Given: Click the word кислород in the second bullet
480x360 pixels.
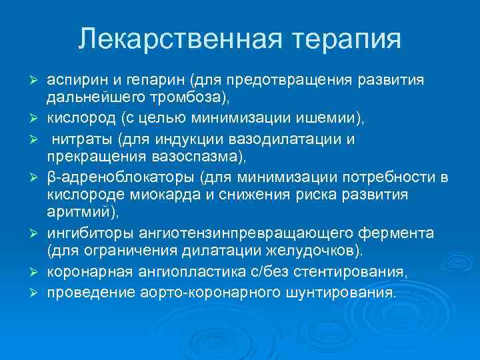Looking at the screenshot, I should click(x=77, y=119).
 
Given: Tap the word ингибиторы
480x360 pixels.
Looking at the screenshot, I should click(x=84, y=233).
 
